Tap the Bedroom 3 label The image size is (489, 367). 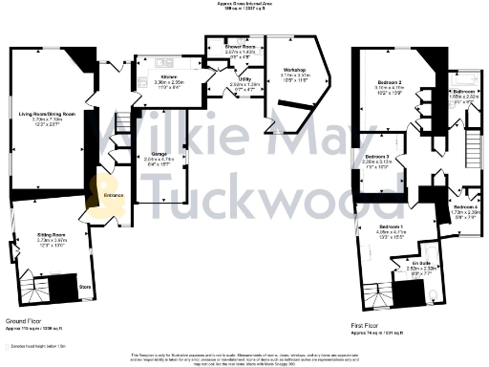[376, 156]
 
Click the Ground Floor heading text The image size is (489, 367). [29, 323]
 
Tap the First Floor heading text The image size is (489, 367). [366, 323]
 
